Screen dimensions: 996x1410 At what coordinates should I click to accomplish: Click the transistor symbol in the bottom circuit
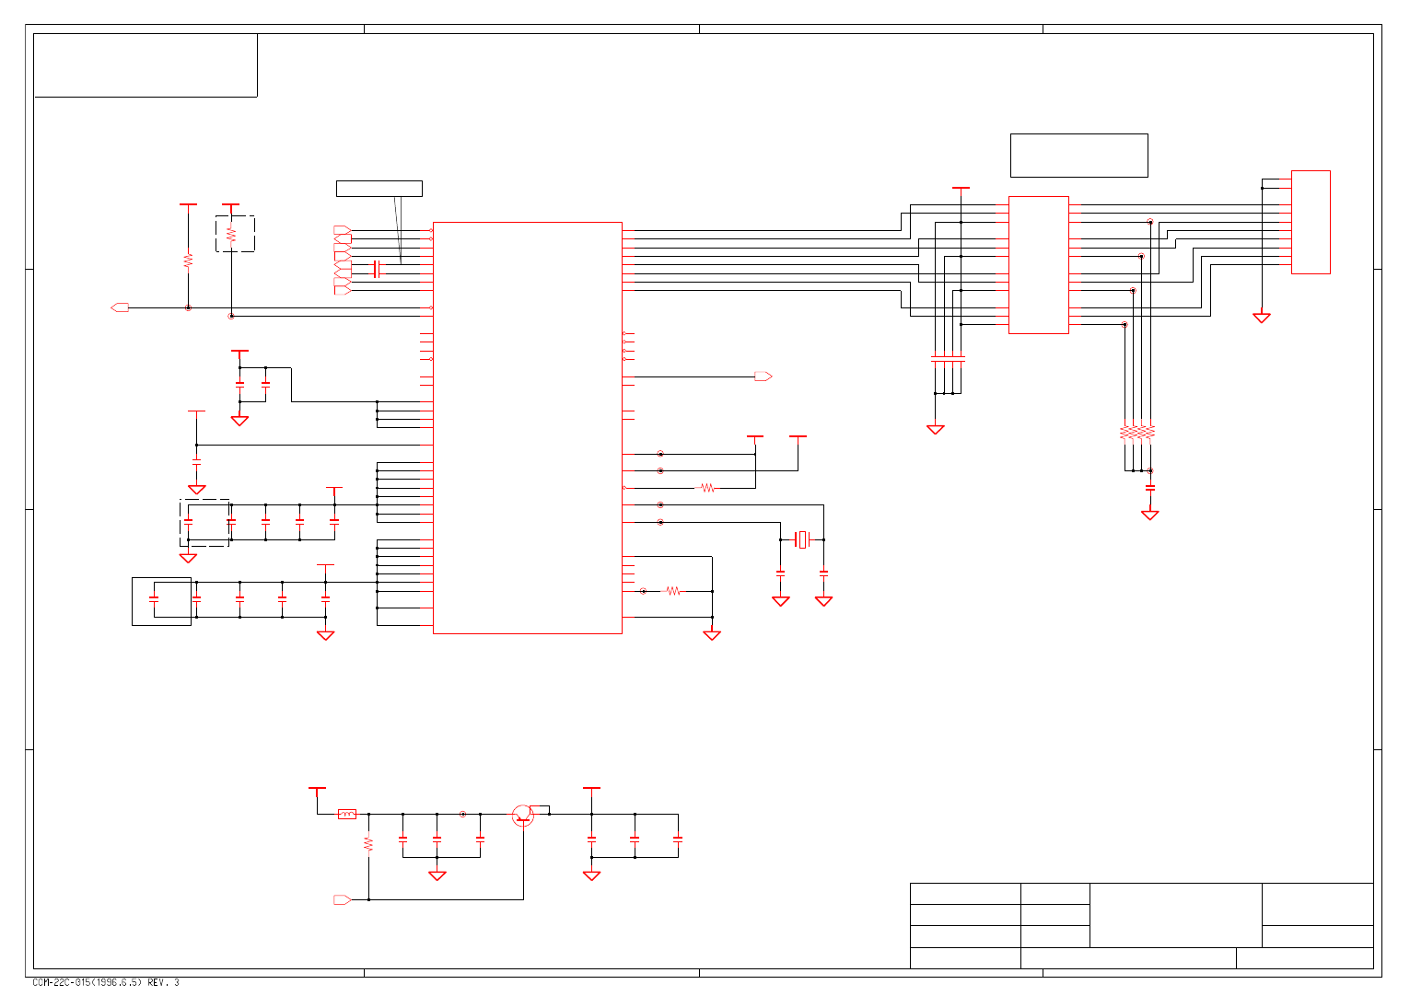click(x=523, y=816)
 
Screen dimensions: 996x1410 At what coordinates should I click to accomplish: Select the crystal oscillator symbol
click(x=803, y=539)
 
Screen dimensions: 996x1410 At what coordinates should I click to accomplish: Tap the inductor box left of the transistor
click(x=347, y=814)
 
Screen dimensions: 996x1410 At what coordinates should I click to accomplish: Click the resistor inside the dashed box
click(x=231, y=235)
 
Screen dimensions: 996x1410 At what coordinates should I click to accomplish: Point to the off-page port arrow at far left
click(x=120, y=307)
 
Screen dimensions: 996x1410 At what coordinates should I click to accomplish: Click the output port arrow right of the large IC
click(x=763, y=376)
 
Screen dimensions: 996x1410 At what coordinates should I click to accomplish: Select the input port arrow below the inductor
click(x=342, y=899)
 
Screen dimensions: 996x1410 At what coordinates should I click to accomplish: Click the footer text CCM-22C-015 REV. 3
click(x=106, y=982)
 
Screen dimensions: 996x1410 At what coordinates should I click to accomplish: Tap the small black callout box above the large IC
click(x=379, y=189)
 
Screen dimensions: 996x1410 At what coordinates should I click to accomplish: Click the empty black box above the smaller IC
click(x=1078, y=156)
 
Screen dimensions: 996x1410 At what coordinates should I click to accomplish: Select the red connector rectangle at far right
click(x=1311, y=222)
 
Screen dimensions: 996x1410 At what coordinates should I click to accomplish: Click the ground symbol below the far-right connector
click(x=1262, y=318)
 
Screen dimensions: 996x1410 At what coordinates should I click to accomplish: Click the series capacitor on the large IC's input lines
click(x=376, y=269)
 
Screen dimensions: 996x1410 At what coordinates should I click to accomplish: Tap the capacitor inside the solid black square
click(x=154, y=599)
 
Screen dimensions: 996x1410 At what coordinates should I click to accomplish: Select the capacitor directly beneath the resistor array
click(x=1149, y=488)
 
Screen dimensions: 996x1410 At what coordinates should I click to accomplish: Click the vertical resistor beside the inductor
click(x=368, y=843)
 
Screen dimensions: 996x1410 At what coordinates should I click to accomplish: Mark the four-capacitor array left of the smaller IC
click(x=948, y=359)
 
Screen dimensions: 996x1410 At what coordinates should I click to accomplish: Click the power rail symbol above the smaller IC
click(x=961, y=189)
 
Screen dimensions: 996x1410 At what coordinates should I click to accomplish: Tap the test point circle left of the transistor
click(x=462, y=814)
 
